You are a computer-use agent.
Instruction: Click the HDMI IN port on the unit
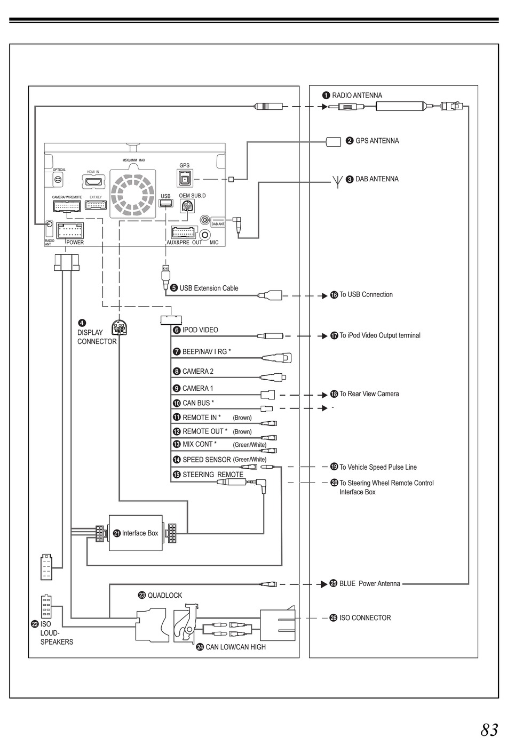(93, 181)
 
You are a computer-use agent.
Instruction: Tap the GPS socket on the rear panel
(185, 179)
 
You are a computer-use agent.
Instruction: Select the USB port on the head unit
(165, 204)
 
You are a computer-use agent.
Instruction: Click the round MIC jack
(205, 235)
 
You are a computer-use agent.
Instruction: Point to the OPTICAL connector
(58, 180)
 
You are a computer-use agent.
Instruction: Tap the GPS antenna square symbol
(333, 142)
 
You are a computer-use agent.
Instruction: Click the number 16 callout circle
(334, 295)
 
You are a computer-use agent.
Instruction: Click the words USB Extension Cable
(209, 288)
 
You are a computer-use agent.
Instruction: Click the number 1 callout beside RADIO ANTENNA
(326, 95)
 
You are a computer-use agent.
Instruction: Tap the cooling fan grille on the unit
(132, 195)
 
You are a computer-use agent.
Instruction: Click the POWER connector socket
(70, 230)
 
